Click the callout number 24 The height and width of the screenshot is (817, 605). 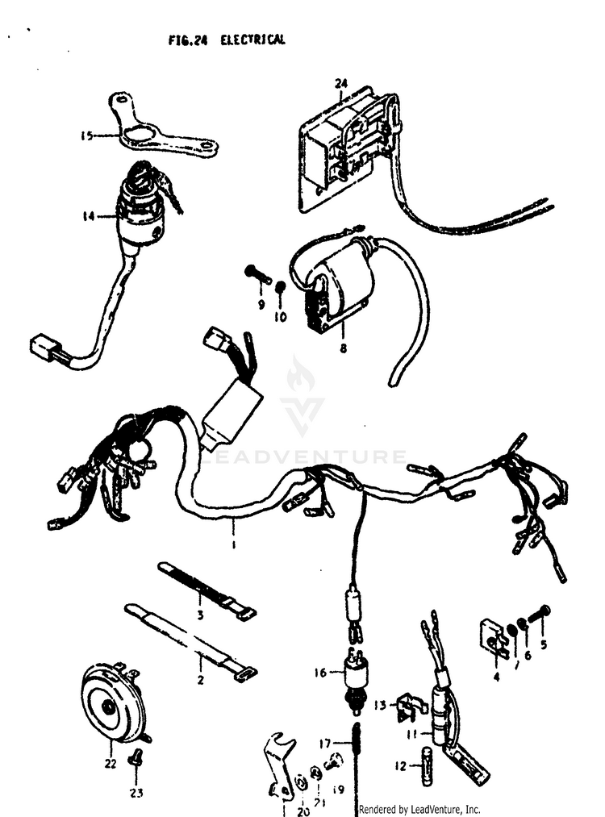tap(340, 83)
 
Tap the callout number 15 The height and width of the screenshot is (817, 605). tap(86, 136)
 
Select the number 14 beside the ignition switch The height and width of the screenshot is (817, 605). tap(89, 215)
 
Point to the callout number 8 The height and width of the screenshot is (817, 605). tap(343, 348)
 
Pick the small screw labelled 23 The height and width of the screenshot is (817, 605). tap(137, 755)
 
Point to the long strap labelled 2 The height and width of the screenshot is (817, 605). tap(190, 642)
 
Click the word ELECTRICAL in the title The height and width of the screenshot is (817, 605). tap(252, 40)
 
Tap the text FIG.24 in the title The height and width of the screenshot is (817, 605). tap(188, 40)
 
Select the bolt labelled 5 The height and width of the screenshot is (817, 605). tap(539, 615)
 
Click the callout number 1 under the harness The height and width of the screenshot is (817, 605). tap(233, 544)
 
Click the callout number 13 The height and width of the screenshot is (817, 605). tap(380, 705)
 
